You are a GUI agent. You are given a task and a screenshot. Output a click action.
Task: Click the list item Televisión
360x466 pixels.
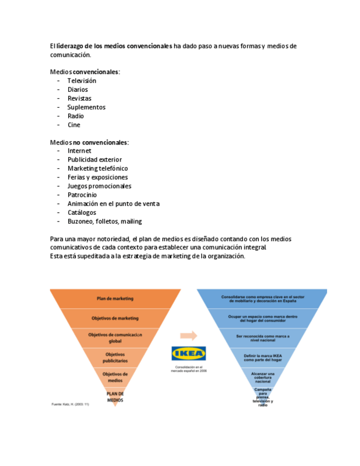click(81, 81)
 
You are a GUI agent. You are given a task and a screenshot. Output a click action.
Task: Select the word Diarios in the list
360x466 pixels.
click(77, 90)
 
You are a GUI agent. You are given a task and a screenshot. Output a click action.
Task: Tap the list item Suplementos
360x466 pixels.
click(86, 107)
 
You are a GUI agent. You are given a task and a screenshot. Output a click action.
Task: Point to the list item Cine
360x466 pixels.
click(74, 125)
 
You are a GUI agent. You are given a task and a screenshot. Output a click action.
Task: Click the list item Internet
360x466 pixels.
click(79, 151)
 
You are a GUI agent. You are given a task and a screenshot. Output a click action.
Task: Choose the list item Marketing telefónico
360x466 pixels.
click(97, 168)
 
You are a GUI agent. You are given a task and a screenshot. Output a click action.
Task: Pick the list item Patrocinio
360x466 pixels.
click(82, 195)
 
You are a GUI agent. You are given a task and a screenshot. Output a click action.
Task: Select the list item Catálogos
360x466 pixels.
click(81, 212)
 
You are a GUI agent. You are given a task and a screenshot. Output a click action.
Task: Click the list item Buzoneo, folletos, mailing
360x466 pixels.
click(104, 221)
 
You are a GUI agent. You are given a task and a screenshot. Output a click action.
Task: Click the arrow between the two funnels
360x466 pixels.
click(188, 336)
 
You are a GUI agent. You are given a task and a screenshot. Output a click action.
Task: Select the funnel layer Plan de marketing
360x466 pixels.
click(115, 298)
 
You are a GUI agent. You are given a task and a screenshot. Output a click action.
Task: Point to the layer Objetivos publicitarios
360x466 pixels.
click(115, 358)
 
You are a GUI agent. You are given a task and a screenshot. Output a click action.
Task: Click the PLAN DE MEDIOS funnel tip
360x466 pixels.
click(115, 397)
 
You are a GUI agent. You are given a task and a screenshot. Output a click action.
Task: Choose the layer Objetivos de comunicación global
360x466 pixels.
click(115, 337)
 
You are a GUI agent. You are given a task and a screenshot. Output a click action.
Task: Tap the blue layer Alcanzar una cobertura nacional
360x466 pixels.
click(263, 378)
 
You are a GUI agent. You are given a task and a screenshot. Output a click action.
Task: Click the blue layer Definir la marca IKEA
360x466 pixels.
click(263, 358)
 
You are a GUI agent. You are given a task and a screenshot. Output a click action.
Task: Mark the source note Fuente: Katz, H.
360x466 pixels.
click(70, 404)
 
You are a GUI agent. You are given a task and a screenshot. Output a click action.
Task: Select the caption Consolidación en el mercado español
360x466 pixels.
click(189, 369)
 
